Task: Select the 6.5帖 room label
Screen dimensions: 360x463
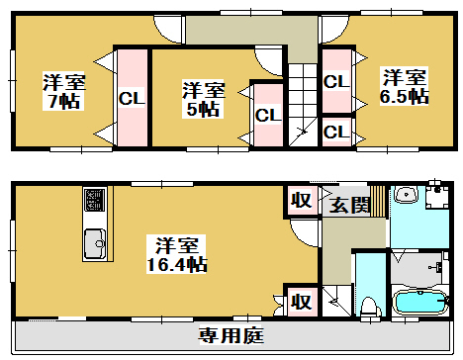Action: (406, 97)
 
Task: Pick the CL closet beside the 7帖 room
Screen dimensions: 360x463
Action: (131, 98)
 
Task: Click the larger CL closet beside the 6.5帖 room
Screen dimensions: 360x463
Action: (335, 81)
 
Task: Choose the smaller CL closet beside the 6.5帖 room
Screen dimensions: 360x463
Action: (335, 132)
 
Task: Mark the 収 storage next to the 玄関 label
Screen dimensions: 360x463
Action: (302, 200)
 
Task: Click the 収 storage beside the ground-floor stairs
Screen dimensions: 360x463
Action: (302, 300)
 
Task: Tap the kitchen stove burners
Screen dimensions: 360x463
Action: (95, 200)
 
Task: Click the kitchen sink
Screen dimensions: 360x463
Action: (95, 240)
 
